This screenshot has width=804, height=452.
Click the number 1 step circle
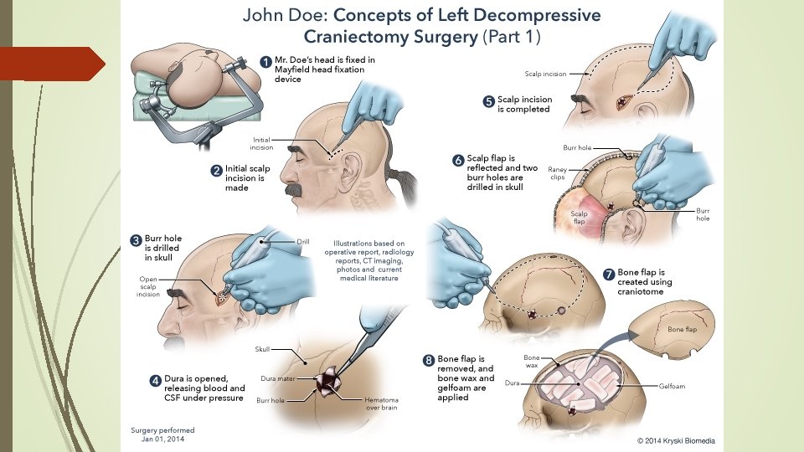(265, 61)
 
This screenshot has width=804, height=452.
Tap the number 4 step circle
(155, 380)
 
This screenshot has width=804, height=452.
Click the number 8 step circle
(430, 361)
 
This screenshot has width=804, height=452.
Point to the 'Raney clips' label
(558, 172)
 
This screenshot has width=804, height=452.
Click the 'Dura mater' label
(276, 378)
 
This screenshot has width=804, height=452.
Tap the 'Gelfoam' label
(673, 388)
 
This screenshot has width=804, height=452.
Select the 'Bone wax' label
(532, 362)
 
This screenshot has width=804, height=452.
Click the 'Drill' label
(303, 242)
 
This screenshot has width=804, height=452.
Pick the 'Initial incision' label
(264, 143)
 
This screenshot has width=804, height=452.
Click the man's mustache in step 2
(292, 189)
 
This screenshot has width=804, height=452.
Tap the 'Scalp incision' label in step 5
(545, 74)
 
